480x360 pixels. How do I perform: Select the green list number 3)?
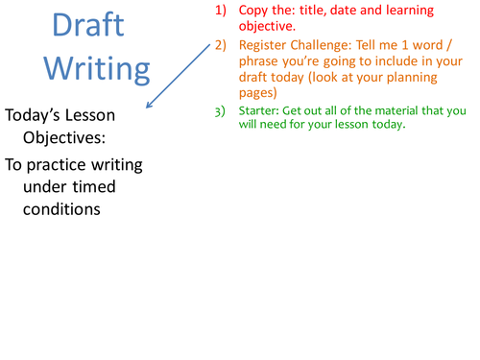pyautogui.click(x=220, y=109)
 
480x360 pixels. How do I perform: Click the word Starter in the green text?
pyautogui.click(x=263, y=109)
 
